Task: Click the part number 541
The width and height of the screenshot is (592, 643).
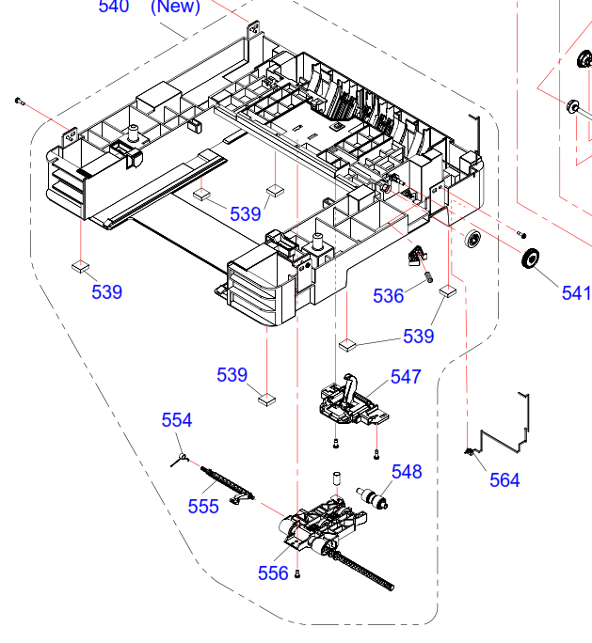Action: tap(576, 293)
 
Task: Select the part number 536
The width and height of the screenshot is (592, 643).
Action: tap(388, 296)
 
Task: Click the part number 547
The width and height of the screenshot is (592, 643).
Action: tap(406, 377)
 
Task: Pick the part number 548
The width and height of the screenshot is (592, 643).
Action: tap(407, 471)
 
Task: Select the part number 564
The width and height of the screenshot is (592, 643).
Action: tap(504, 480)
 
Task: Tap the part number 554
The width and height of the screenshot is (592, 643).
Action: tap(177, 420)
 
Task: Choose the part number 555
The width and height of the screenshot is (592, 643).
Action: tap(203, 507)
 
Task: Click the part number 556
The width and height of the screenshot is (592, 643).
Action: tap(273, 573)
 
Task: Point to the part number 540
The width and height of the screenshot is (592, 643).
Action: tap(113, 7)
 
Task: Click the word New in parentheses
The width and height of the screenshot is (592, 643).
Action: tap(176, 7)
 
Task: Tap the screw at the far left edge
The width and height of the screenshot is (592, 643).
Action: tap(19, 99)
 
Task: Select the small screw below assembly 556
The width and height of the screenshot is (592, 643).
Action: tap(298, 573)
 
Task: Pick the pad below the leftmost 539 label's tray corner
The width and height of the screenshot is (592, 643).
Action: tap(80, 266)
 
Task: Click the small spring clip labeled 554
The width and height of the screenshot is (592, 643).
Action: tap(179, 458)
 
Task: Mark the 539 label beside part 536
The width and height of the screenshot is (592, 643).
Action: tap(419, 336)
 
